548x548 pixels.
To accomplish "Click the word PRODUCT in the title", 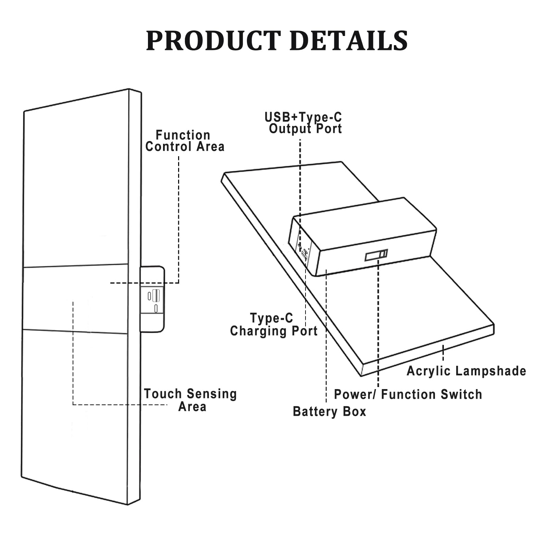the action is tap(213, 41).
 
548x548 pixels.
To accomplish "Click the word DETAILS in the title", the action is tap(349, 41).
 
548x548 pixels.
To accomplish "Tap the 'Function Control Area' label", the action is tap(185, 141).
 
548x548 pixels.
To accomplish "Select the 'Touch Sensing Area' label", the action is tap(190, 400).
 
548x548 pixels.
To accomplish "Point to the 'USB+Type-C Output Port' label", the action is tap(303, 123).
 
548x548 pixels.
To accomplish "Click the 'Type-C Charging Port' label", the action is tap(274, 325).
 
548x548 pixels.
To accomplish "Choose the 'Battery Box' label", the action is tap(329, 411).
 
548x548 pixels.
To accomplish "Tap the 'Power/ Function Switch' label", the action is tap(408, 394).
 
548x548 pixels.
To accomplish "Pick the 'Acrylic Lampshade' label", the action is tap(466, 371).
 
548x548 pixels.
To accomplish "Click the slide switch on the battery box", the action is tap(376, 255).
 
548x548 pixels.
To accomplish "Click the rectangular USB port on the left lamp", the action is tap(156, 295).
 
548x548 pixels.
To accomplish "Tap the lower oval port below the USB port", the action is tap(156, 308).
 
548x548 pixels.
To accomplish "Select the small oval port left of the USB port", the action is tap(149, 296).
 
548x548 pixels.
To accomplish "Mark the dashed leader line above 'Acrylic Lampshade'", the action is tap(443, 353).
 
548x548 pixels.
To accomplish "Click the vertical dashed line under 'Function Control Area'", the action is tap(178, 220).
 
